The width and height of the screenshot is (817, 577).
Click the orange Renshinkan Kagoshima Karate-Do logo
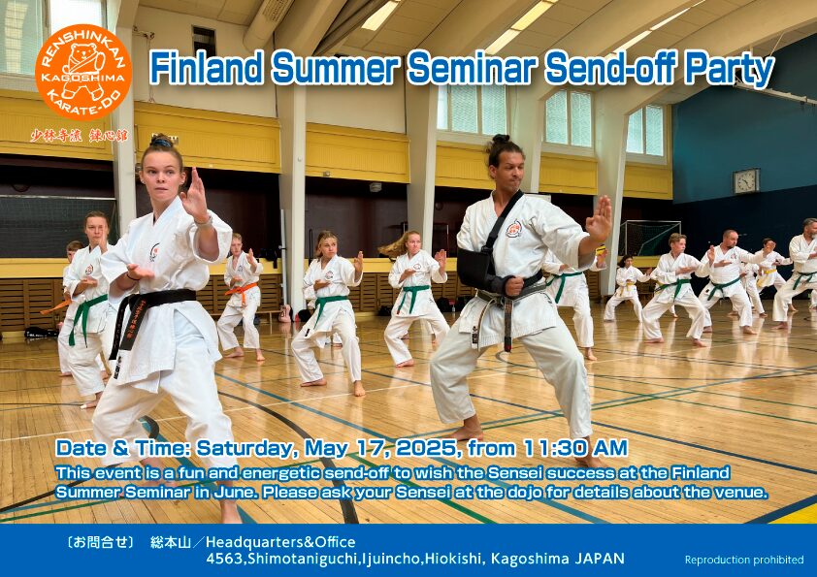click(83, 73)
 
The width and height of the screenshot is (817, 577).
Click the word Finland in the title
click(207, 68)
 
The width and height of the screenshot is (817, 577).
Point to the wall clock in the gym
click(745, 180)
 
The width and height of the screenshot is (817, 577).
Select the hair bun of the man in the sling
click(500, 139)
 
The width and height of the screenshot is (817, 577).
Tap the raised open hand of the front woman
click(195, 195)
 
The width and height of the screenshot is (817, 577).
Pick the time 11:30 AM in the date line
click(575, 447)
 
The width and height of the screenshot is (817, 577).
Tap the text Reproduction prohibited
click(744, 560)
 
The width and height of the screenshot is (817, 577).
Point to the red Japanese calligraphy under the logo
click(79, 136)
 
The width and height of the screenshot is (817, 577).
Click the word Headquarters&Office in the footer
click(280, 542)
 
